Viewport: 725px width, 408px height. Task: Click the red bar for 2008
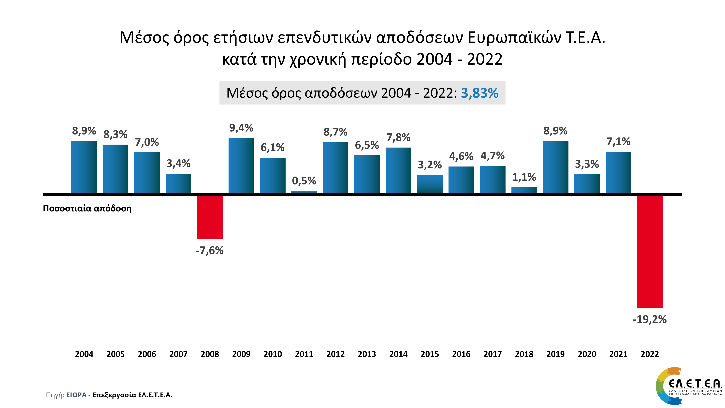coord(210,217)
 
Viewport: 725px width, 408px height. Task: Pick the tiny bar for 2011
coord(304,192)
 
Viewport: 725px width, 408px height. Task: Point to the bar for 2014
coord(398,170)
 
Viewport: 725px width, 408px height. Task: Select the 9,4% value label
coord(241,128)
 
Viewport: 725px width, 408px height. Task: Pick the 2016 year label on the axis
coord(461,354)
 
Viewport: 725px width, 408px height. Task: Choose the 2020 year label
coord(587,354)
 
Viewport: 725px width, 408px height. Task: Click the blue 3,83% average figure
coord(479,93)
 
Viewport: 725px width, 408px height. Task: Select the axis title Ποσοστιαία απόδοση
coord(87,208)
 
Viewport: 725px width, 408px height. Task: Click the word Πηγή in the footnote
coord(55,395)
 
